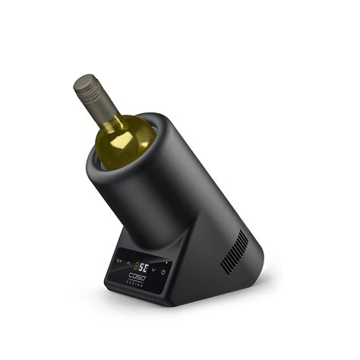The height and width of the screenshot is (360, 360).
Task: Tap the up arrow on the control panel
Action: [x=128, y=263]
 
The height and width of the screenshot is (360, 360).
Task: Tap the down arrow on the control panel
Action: [x=153, y=270]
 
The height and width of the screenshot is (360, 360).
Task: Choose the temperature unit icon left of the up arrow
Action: [x=118, y=261]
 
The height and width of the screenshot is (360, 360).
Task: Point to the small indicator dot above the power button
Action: [x=166, y=263]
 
